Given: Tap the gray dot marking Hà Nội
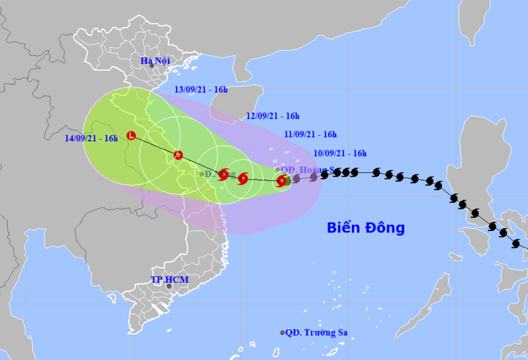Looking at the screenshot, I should coord(153,67).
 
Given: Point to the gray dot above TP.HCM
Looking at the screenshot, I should coord(169,286).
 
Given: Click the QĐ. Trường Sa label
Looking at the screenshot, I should coord(317,332).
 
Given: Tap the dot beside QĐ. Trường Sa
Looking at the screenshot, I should coord(282,333).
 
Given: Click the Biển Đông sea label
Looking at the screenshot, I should coord(366,228).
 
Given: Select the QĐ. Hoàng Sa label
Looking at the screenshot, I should coord(308,169).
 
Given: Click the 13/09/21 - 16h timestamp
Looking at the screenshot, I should coord(201,89).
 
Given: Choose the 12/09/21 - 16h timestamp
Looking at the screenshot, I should coord(273,116).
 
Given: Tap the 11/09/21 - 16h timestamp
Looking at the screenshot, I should coord(310,134).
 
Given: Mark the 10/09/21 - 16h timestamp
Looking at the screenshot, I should coord(340,153).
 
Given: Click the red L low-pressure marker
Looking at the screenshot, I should coord(131,135).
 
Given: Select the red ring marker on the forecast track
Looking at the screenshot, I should coord(178,155).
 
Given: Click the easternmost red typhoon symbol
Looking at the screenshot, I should coord(282,180).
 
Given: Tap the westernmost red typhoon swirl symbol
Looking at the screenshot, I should coord(224,175).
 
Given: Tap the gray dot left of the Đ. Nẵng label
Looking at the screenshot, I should coord(202,174).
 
